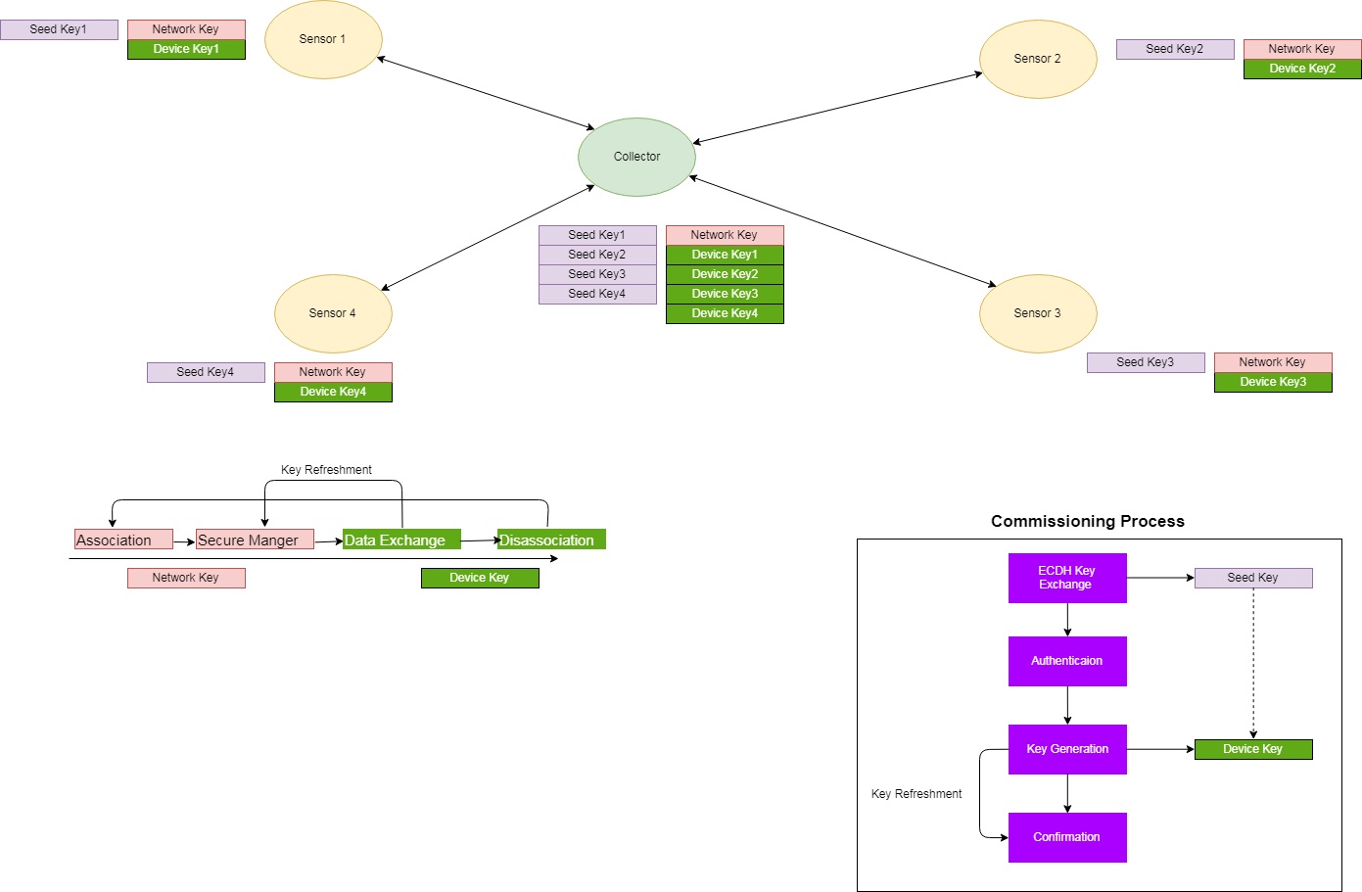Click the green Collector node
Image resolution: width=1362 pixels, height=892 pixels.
(636, 157)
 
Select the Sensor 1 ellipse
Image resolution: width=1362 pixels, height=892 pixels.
(323, 39)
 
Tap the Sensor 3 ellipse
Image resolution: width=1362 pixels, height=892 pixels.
(1038, 313)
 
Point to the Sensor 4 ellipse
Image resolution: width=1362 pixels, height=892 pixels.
(333, 313)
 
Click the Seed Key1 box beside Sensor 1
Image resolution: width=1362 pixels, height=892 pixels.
(59, 29)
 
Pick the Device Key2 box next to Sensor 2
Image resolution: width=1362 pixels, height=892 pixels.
(1302, 69)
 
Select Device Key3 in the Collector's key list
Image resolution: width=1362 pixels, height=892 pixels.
(725, 294)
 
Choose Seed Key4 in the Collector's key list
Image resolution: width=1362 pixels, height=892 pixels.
(597, 294)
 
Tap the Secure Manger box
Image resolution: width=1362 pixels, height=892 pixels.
(255, 540)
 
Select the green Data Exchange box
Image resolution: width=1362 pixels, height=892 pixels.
(401, 540)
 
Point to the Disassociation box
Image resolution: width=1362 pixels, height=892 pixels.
(551, 540)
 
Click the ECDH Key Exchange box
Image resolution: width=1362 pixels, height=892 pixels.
(1067, 578)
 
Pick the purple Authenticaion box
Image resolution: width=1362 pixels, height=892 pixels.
(1067, 661)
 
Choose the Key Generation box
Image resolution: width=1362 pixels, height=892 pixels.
(1067, 749)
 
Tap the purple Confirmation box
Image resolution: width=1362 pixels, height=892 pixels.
(1067, 837)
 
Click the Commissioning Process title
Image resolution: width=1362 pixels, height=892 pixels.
(1087, 521)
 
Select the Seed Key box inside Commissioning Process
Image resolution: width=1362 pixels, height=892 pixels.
(1253, 578)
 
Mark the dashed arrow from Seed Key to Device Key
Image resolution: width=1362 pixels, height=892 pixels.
(1253, 666)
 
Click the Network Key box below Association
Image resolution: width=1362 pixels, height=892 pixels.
(186, 578)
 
